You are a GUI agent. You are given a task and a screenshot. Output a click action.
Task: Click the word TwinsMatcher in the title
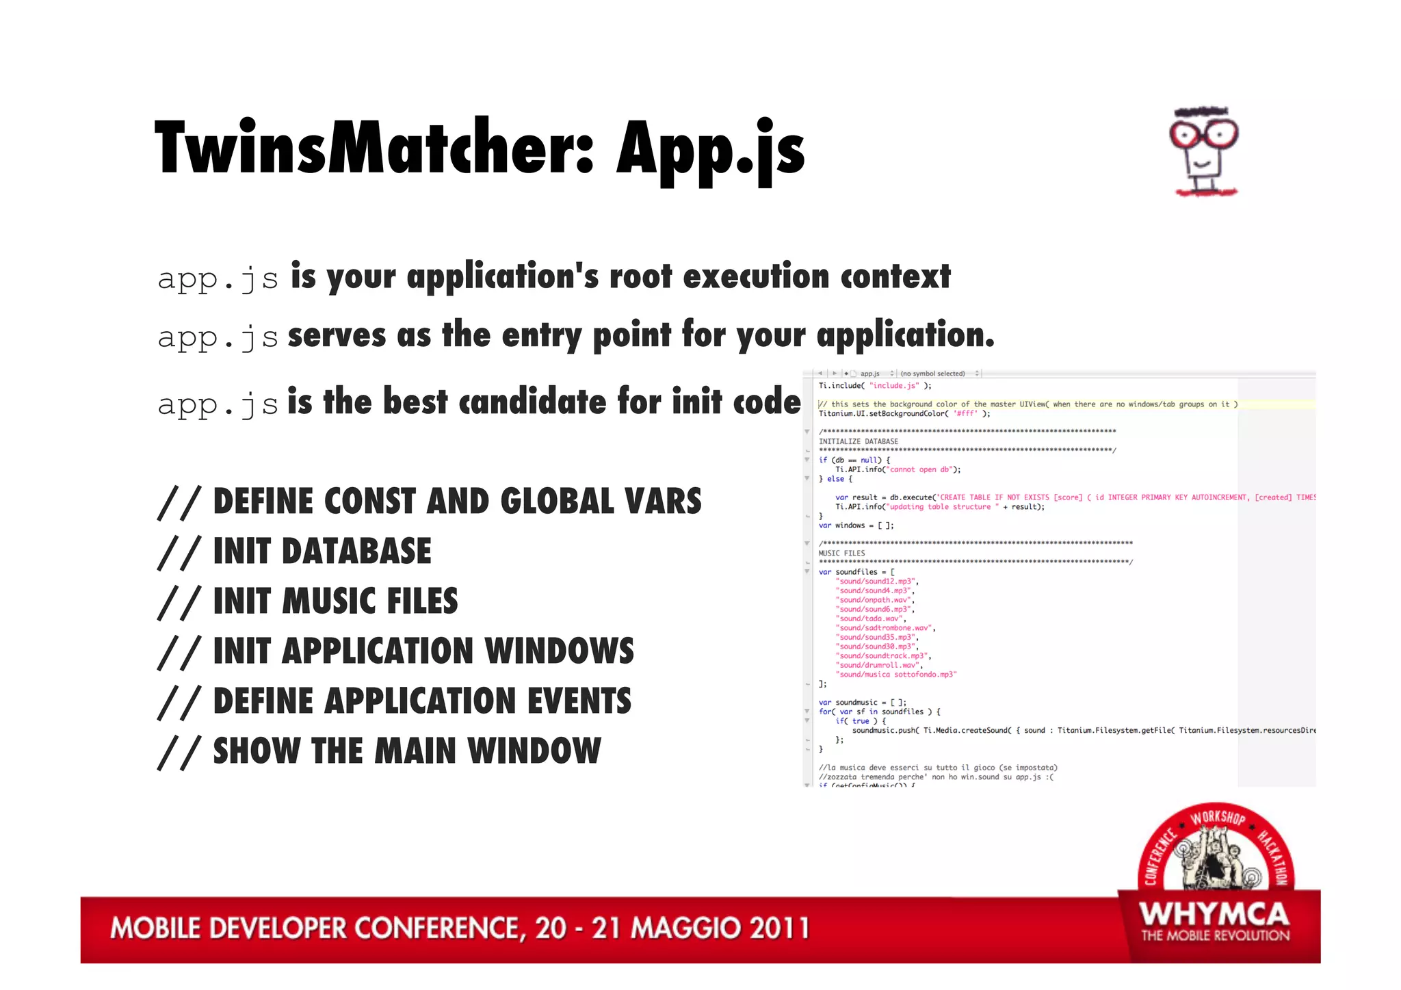(373, 148)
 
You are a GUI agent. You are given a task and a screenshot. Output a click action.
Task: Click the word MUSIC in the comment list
(328, 601)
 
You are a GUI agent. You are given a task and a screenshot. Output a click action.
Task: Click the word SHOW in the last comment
(256, 751)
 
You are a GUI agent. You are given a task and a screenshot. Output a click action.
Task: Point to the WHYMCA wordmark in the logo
(1214, 915)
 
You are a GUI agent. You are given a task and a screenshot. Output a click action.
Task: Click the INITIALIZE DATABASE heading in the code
(858, 441)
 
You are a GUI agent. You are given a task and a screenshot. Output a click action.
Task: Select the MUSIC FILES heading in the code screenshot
(841, 553)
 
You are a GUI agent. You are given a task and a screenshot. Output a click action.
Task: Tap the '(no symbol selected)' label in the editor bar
(932, 374)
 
